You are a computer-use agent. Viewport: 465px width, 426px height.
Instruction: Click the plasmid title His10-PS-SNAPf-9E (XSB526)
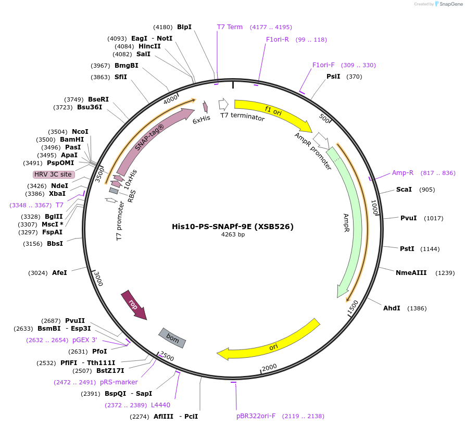pyautogui.click(x=233, y=227)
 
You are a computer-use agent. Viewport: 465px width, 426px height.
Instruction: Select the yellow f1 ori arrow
pyautogui.click(x=273, y=111)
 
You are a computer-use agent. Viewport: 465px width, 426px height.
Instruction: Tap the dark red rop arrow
pyautogui.click(x=134, y=305)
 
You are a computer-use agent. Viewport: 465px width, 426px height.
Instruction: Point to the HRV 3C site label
pyautogui.click(x=53, y=174)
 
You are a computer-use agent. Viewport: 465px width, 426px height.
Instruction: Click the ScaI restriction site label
pyautogui.click(x=404, y=190)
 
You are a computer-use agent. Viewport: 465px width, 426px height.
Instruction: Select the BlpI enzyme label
pyautogui.click(x=184, y=27)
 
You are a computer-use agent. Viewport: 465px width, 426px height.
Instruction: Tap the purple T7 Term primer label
pyautogui.click(x=230, y=27)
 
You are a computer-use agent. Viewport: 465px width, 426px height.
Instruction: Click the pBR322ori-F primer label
pyautogui.click(x=256, y=416)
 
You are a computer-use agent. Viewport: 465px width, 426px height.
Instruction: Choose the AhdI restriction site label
pyautogui.click(x=392, y=308)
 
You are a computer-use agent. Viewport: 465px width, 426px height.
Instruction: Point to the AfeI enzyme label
pyautogui.click(x=59, y=272)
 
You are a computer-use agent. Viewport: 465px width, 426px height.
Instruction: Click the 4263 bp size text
pyautogui.click(x=233, y=235)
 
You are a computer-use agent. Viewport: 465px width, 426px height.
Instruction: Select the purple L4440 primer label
pyautogui.click(x=160, y=405)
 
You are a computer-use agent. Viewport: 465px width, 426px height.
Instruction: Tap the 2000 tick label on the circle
pyautogui.click(x=269, y=368)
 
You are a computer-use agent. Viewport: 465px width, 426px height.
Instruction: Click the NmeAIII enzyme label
pyautogui.click(x=411, y=272)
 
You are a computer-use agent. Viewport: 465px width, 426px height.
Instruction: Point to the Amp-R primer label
pyautogui.click(x=403, y=173)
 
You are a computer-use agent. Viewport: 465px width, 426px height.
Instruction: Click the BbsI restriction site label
pyautogui.click(x=55, y=244)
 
